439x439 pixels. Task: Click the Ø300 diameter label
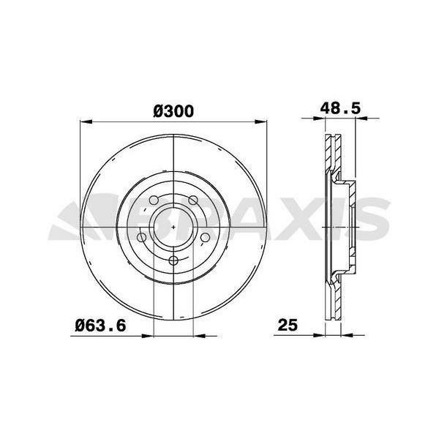tap(173, 111)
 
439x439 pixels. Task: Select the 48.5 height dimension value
tap(340, 108)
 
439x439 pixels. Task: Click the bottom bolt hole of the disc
tap(173, 261)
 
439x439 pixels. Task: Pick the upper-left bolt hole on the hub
tap(154, 202)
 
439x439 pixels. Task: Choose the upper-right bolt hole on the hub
tap(192, 202)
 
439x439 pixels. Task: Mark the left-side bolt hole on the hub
tap(141, 239)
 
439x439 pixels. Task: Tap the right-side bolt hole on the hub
tap(205, 239)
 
